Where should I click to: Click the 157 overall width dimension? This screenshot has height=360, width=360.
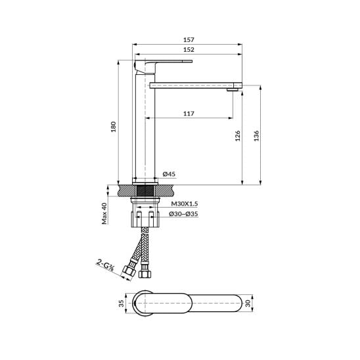(x=189, y=39)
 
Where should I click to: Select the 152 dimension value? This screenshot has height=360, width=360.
(x=189, y=49)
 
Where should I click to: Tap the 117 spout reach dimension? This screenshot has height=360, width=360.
(x=189, y=114)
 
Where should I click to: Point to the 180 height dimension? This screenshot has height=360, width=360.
(x=114, y=127)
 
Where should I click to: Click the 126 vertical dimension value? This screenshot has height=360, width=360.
(x=238, y=136)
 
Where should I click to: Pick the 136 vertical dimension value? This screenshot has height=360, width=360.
(x=256, y=136)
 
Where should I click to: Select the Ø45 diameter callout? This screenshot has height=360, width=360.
(x=169, y=174)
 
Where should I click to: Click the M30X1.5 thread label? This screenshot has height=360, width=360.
(x=185, y=204)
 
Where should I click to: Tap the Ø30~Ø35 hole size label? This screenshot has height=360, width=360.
(x=183, y=214)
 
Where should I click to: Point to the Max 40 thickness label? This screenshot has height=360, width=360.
(x=104, y=214)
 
